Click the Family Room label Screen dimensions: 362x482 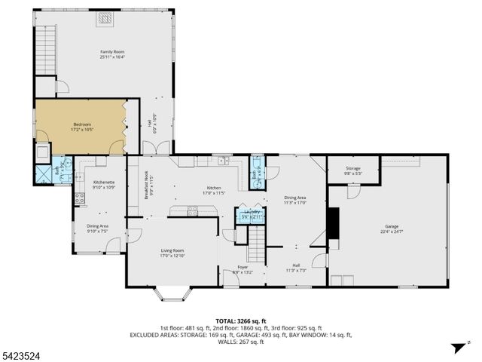pyautogui.click(x=111, y=53)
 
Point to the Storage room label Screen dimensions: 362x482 pyautogui.click(x=353, y=170)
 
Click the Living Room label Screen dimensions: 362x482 pyautogui.click(x=172, y=253)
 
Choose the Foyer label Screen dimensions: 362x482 pyautogui.click(x=243, y=269)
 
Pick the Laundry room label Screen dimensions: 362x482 pyautogui.click(x=252, y=213)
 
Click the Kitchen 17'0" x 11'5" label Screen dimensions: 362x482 pyautogui.click(x=213, y=190)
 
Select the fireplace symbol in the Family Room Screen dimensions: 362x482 pyautogui.click(x=105, y=18)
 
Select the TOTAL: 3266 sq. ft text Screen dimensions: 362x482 pyautogui.click(x=241, y=321)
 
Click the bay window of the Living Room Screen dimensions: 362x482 pyautogui.click(x=172, y=293)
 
